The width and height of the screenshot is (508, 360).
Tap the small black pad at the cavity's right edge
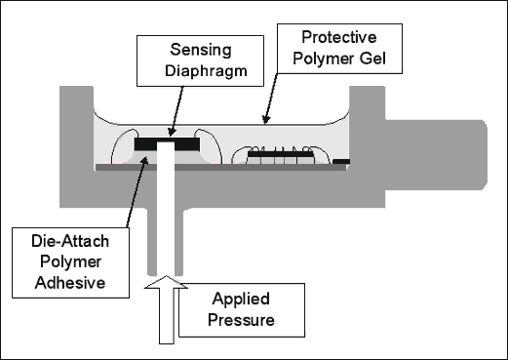tap(340, 161)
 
